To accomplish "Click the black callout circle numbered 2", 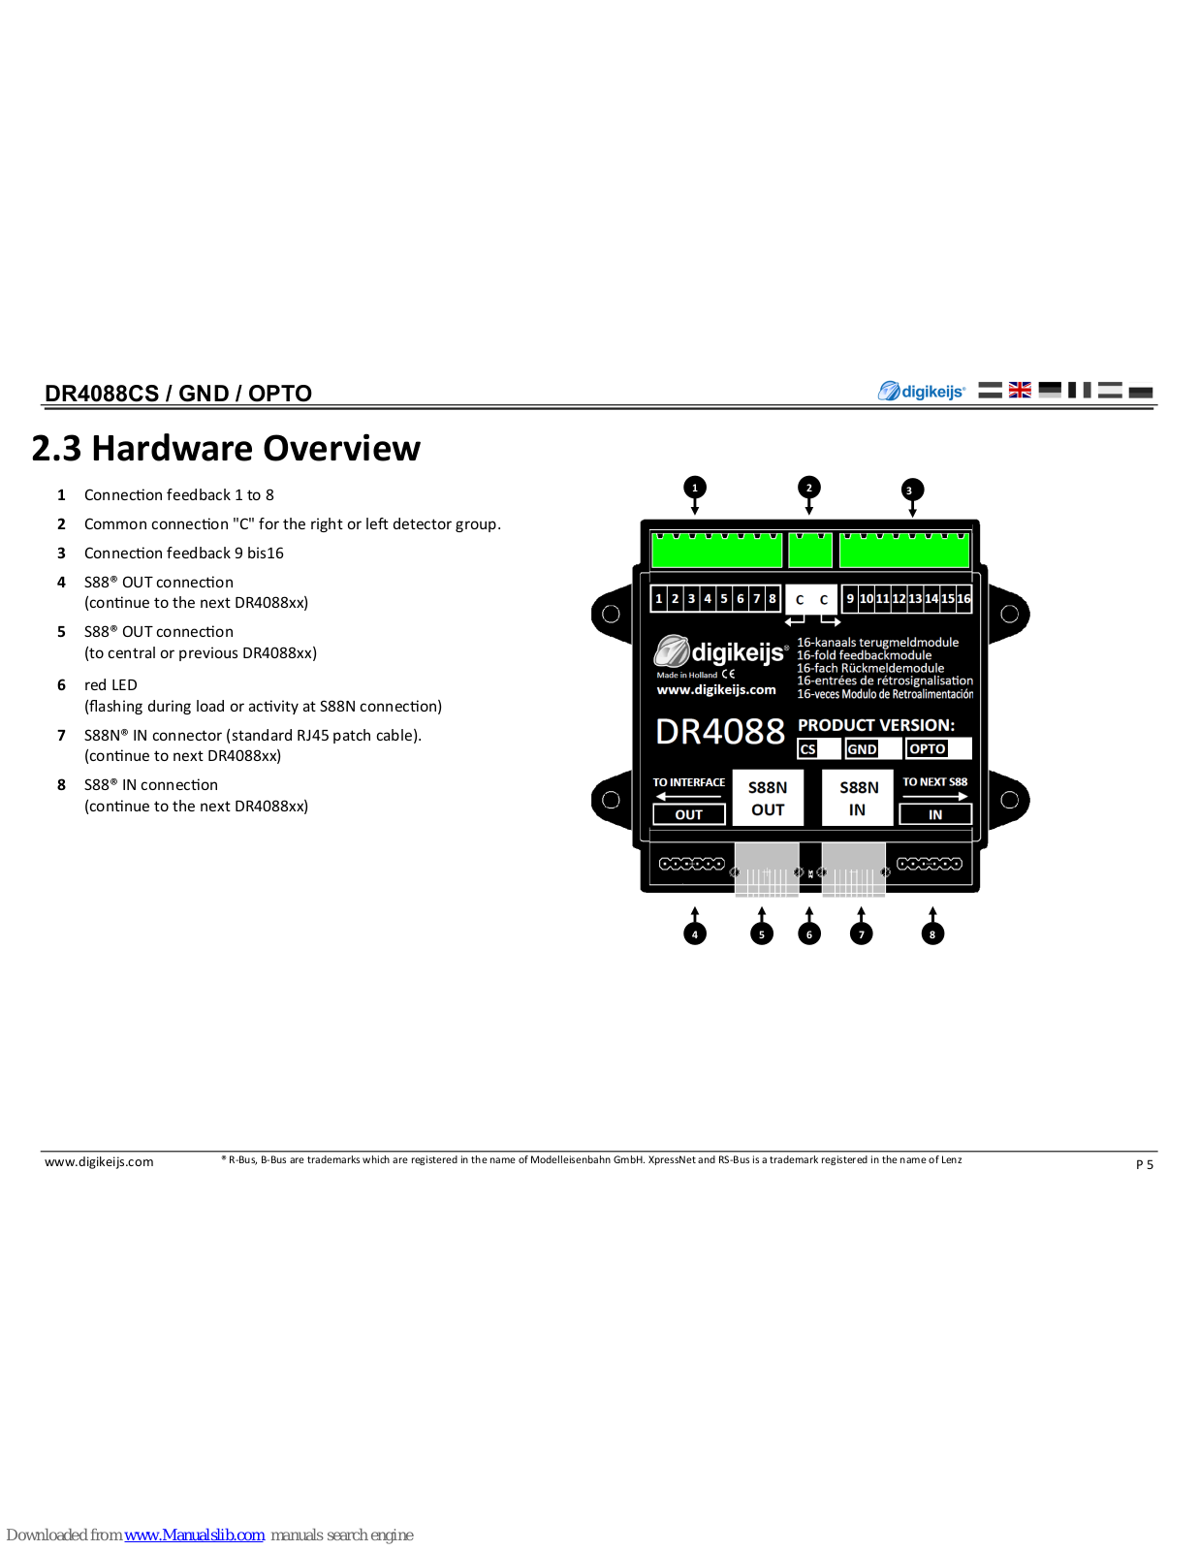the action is pyautogui.click(x=808, y=488).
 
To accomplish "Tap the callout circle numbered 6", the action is pyautogui.click(x=808, y=934).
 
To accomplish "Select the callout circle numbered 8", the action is pyautogui.click(x=932, y=934).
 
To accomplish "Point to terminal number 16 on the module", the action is pyautogui.click(x=963, y=599).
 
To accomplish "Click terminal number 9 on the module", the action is pyautogui.click(x=850, y=599).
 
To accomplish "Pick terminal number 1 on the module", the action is pyautogui.click(x=659, y=599).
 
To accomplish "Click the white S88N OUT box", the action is pyautogui.click(x=768, y=798).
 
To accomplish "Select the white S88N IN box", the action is pyautogui.click(x=858, y=798).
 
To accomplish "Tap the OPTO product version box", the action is pyautogui.click(x=938, y=748).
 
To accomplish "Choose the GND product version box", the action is pyautogui.click(x=873, y=748).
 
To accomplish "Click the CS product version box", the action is pyautogui.click(x=819, y=748).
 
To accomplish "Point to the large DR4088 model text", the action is pyautogui.click(x=720, y=732).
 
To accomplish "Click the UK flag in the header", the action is pyautogui.click(x=1020, y=390).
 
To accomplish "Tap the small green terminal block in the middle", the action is pyautogui.click(x=810, y=551).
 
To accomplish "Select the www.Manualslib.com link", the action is pyautogui.click(x=194, y=1535).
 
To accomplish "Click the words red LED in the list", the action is pyautogui.click(x=110, y=685).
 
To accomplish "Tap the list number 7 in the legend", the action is pyautogui.click(x=61, y=735).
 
